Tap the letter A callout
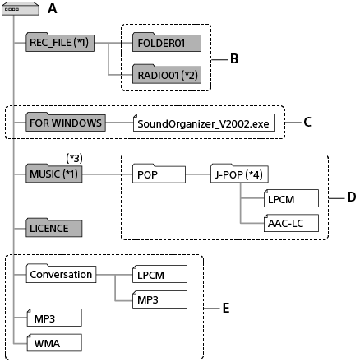pyautogui.click(x=53, y=9)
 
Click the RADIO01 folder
pyautogui.click(x=166, y=76)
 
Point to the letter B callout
pyautogui.click(x=234, y=58)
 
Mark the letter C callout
pyautogui.click(x=307, y=123)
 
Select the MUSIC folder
pyautogui.click(x=53, y=175)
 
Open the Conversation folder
pyautogui.click(x=61, y=274)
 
